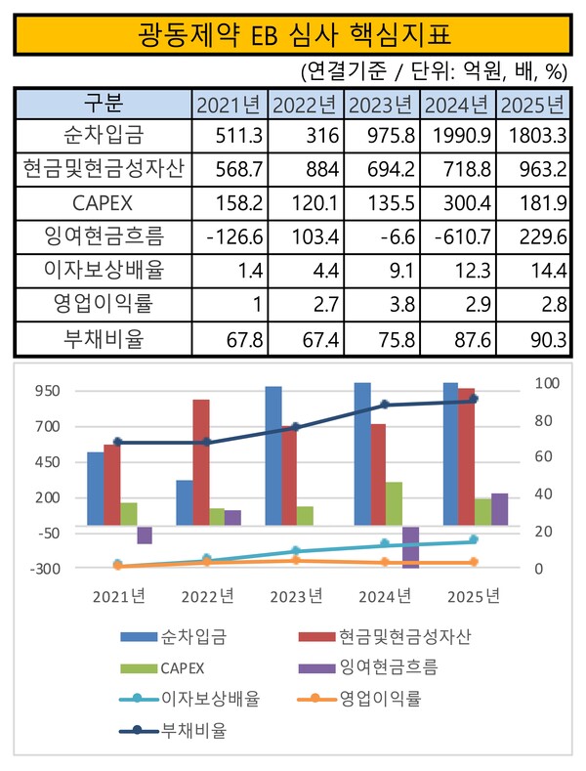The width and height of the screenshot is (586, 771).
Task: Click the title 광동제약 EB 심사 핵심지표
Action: click(292, 37)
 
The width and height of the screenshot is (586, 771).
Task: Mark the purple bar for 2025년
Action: click(500, 509)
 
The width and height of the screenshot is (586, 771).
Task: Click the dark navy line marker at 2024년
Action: click(385, 405)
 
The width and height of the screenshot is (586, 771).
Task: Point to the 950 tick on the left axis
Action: click(48, 391)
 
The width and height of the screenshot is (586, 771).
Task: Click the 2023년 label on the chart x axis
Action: click(296, 596)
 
